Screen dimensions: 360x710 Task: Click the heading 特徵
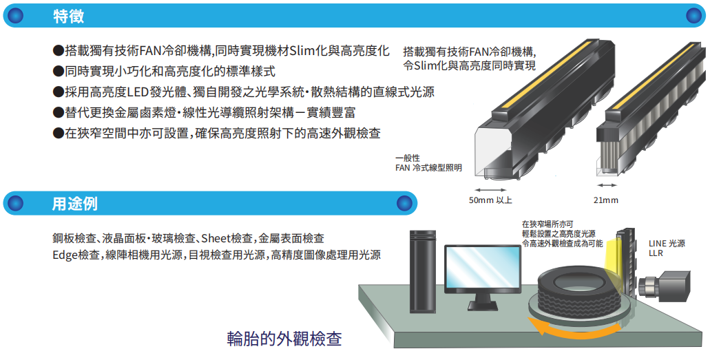68,16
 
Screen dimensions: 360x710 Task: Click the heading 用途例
75,203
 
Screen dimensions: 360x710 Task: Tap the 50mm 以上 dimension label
490,200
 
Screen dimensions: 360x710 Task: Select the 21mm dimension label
606,200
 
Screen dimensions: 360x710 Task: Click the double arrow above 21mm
607,186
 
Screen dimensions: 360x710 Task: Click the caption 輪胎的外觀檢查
284,339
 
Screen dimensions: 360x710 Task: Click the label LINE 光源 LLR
667,248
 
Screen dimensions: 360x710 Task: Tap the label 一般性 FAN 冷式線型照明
428,162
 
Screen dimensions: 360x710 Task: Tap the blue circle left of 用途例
16,203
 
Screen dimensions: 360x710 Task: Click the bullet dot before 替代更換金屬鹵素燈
58,113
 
